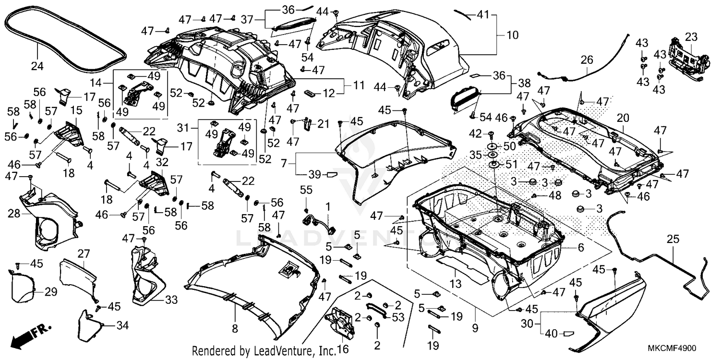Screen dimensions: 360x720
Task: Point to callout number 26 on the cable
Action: tap(587, 60)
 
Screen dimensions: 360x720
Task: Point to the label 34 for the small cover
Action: tap(122, 326)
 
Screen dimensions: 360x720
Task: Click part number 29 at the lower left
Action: tap(50, 292)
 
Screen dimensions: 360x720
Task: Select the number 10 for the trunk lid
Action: tap(513, 35)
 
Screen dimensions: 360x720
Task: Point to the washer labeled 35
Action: tap(474, 155)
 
